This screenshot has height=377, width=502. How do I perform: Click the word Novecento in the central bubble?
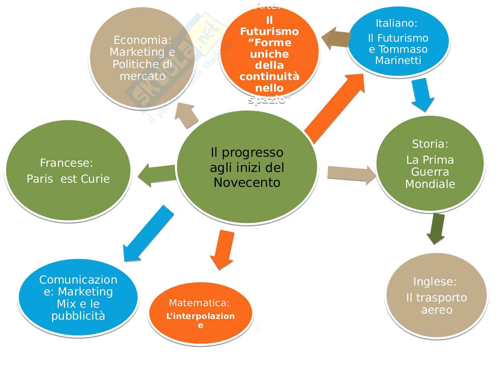[x=247, y=182]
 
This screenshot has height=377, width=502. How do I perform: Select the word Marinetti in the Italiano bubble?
[x=398, y=60]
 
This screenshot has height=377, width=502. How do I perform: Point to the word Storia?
[x=430, y=144]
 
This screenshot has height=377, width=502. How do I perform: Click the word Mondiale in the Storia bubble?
[x=430, y=184]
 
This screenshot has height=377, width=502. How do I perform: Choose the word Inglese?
[x=434, y=281]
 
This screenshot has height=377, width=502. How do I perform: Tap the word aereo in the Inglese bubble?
[x=437, y=310]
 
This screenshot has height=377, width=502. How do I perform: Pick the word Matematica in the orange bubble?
[x=199, y=303]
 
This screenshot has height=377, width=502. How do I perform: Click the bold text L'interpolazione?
[x=200, y=316]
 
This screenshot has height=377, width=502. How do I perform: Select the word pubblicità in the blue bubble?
[x=78, y=316]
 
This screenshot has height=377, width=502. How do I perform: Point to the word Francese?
[x=66, y=163]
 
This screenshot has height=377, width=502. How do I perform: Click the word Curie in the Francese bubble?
[x=95, y=179]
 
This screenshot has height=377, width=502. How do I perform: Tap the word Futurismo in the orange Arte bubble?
[x=269, y=31]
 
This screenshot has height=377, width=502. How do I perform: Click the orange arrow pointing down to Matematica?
[x=223, y=249]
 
